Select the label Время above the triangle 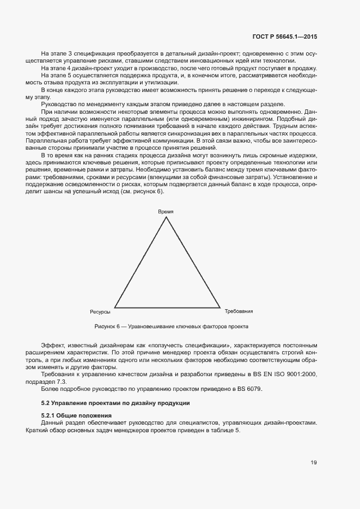166,211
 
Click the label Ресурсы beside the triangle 100,312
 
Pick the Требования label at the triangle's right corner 239,311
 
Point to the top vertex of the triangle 166,217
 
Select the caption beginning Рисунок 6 171,327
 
